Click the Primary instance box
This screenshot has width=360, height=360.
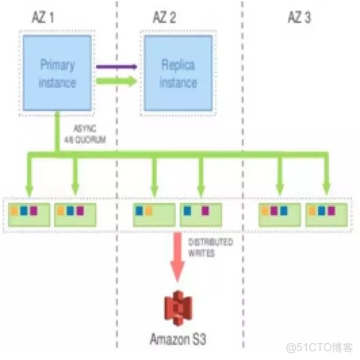57,72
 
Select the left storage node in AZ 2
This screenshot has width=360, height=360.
154,212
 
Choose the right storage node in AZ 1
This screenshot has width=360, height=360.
75,212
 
